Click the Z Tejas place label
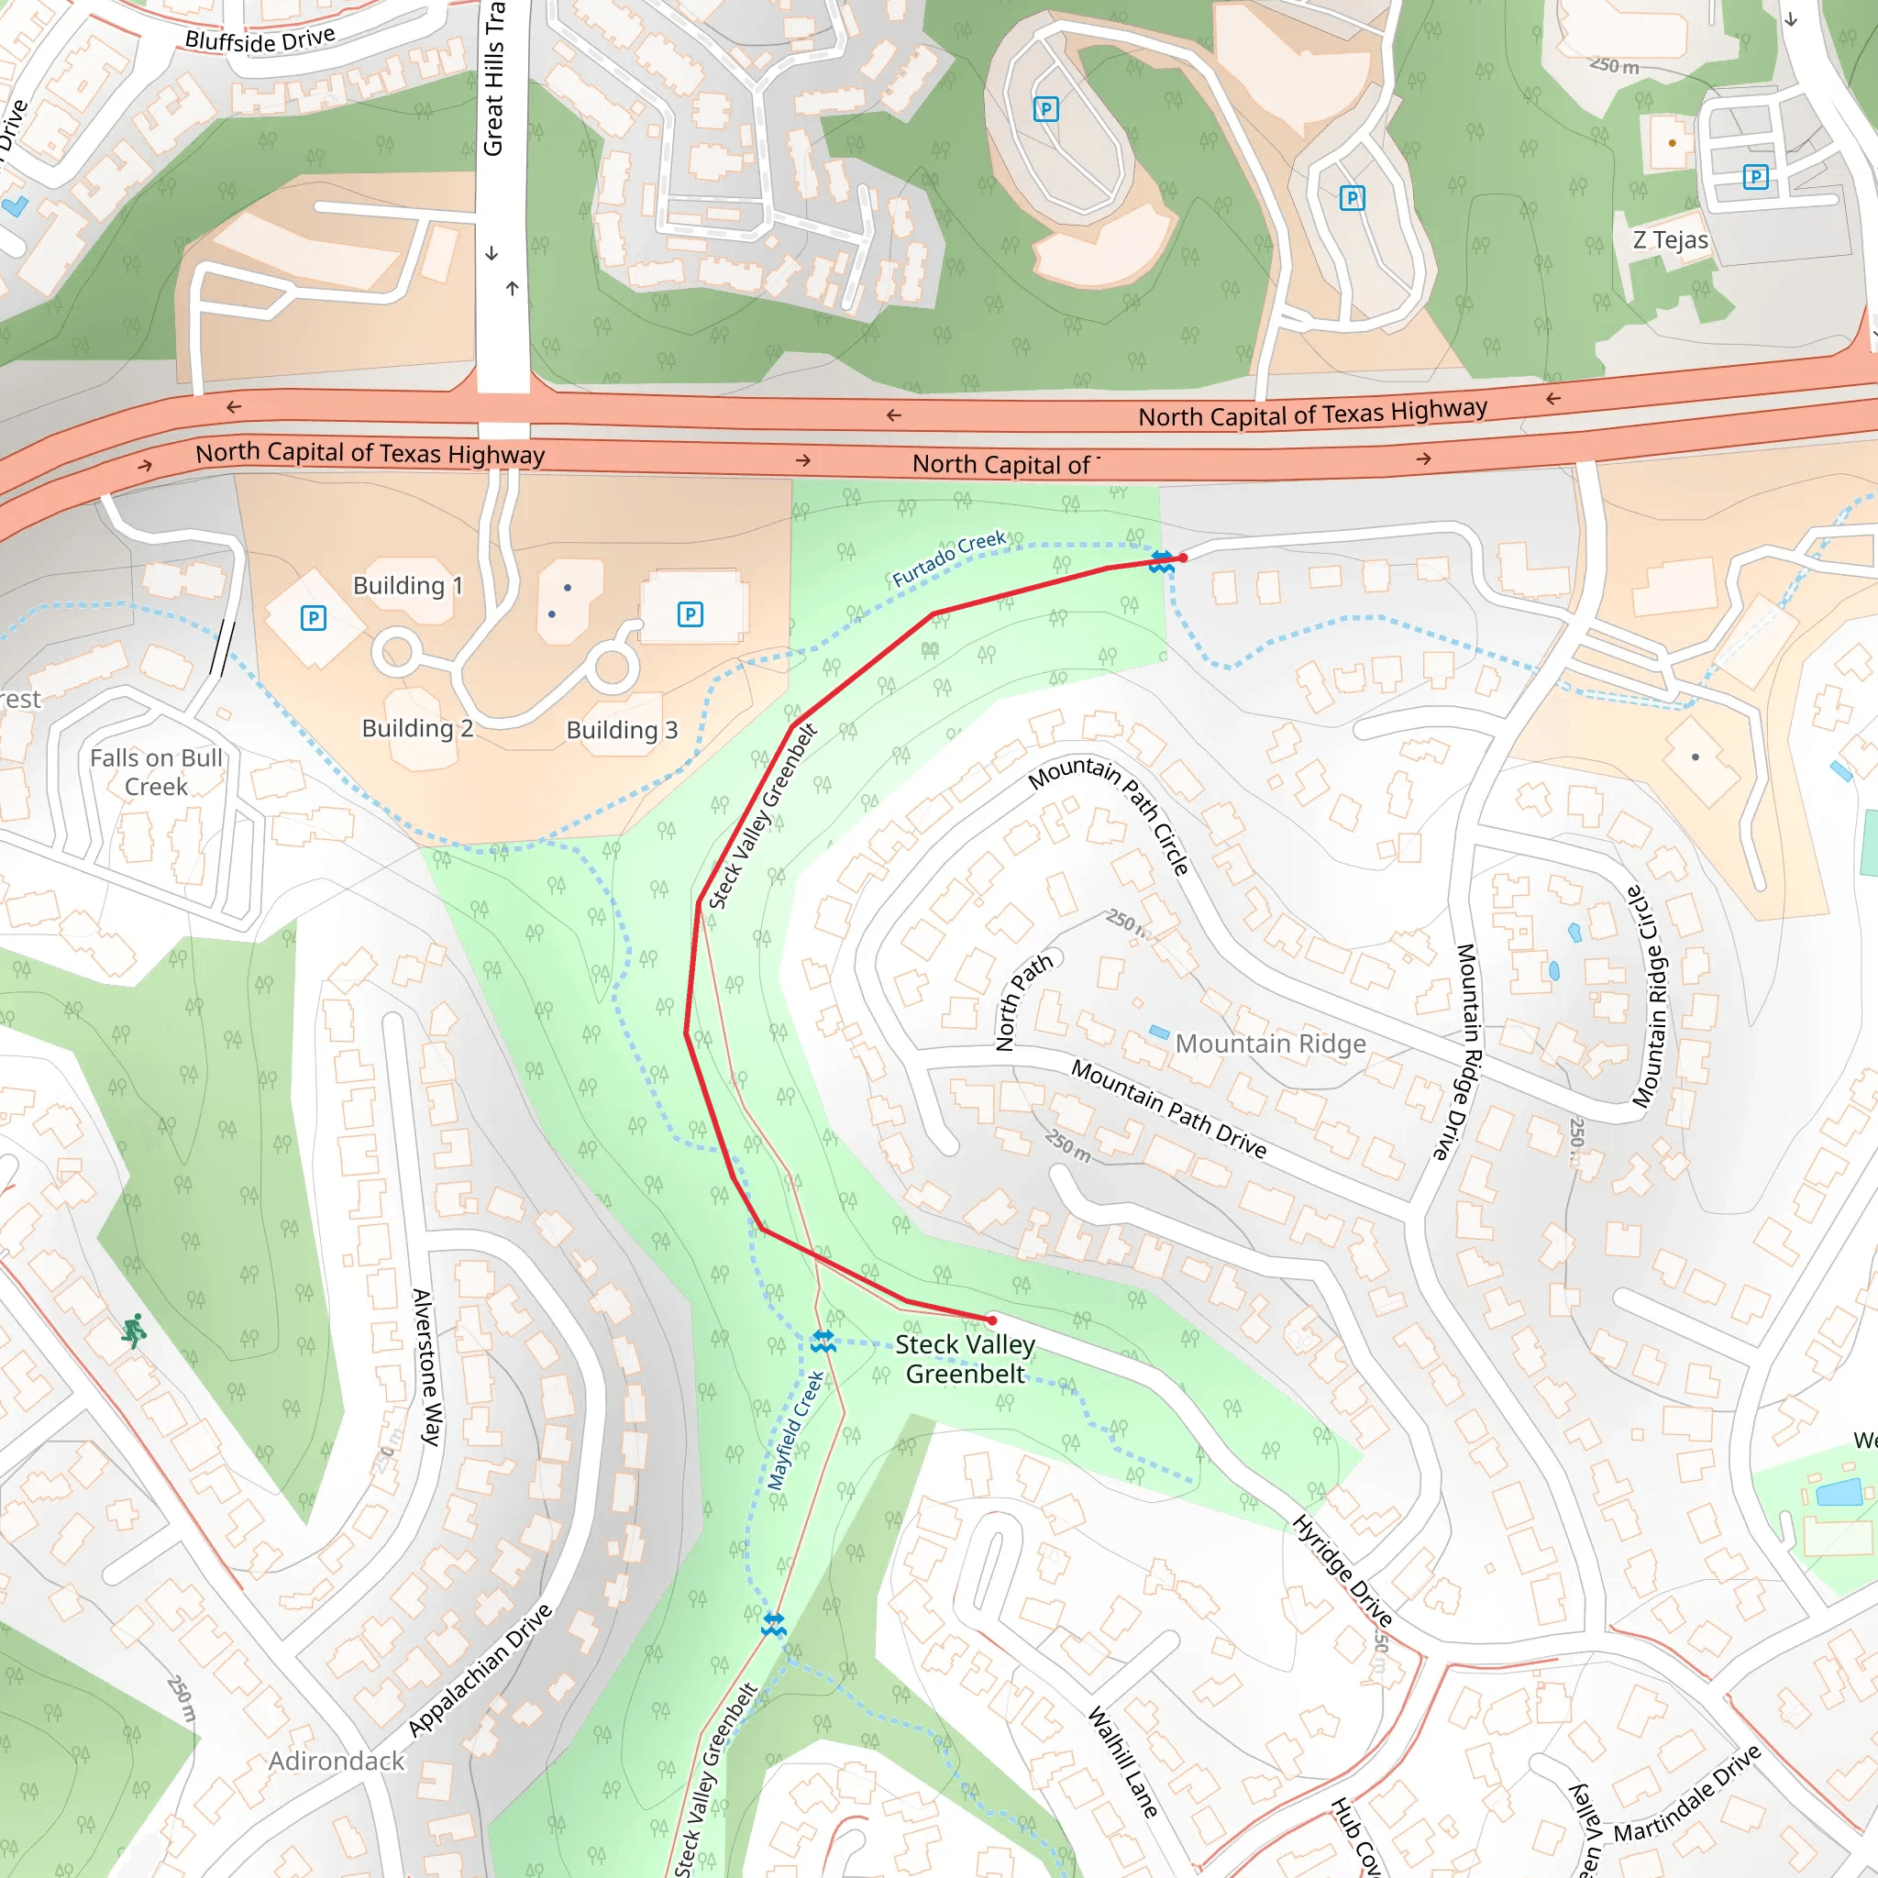click(1670, 240)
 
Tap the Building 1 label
click(407, 585)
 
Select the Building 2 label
click(417, 728)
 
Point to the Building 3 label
click(622, 730)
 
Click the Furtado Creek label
click(949, 559)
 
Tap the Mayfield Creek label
click(795, 1431)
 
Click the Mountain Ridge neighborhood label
click(1270, 1044)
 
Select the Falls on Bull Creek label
click(157, 772)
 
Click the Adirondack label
click(337, 1762)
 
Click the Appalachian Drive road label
click(481, 1670)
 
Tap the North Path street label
click(1023, 1001)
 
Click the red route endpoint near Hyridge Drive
click(991, 1320)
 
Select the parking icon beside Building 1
click(313, 617)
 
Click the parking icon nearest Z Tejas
click(1754, 177)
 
